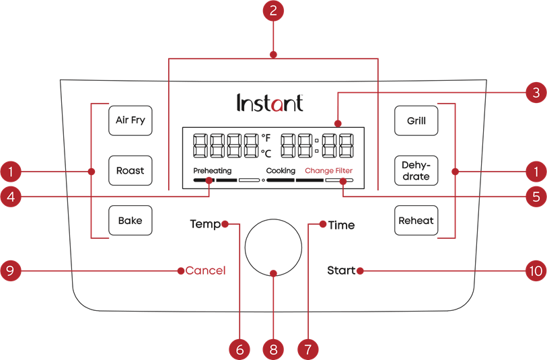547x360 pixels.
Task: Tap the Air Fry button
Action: [130, 121]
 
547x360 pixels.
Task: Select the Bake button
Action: [130, 220]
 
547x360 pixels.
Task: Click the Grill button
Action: [416, 121]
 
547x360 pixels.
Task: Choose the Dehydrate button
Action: [416, 171]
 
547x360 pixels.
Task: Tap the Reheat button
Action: [416, 220]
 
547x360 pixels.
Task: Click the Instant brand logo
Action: [270, 103]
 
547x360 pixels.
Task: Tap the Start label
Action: [341, 271]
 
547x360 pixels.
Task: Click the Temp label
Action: [205, 224]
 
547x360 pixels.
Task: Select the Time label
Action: [341, 225]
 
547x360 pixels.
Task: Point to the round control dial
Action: [273, 246]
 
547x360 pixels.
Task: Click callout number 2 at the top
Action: [273, 11]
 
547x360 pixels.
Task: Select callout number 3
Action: [535, 94]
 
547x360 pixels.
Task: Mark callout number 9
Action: [11, 271]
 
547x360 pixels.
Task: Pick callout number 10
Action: [535, 271]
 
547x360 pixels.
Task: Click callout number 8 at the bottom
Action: [273, 349]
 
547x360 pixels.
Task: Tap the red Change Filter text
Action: [329, 171]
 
